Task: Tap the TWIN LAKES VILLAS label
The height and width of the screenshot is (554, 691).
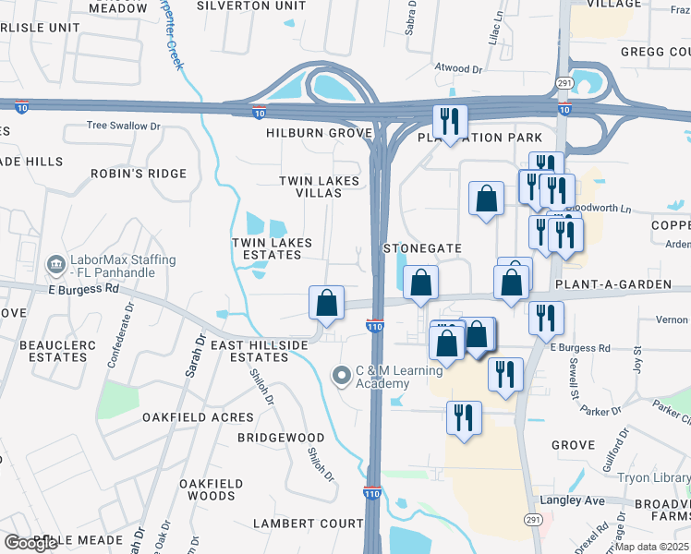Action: [311, 187]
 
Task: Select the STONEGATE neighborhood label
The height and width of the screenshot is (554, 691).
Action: [422, 248]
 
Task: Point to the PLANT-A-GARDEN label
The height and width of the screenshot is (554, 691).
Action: [612, 284]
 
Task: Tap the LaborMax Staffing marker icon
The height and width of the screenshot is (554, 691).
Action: [57, 265]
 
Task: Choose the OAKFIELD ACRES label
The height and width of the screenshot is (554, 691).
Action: [185, 417]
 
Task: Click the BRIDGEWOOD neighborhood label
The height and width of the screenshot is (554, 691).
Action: [281, 437]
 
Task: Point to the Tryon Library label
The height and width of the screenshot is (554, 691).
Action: [652, 477]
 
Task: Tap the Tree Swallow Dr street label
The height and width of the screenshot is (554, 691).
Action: [124, 126]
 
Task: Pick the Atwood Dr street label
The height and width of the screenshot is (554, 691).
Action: [459, 68]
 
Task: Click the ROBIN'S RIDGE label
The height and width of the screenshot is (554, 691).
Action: [139, 174]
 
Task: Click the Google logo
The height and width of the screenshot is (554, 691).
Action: [30, 543]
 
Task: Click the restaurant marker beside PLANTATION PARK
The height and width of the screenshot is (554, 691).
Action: [450, 121]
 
